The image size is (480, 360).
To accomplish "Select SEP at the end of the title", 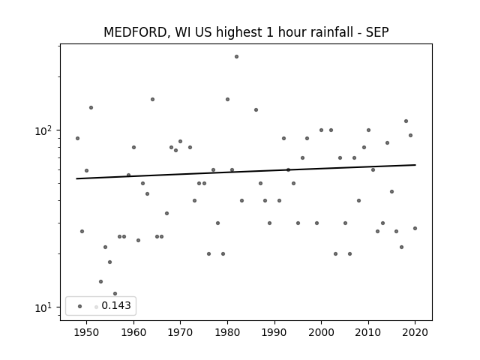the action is pyautogui.click(x=377, y=32).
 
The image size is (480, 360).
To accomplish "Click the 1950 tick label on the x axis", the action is pyautogui.click(x=87, y=333).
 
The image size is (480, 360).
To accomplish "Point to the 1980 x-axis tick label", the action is pyautogui.click(x=227, y=333).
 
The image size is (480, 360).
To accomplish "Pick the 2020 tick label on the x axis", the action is pyautogui.click(x=415, y=333).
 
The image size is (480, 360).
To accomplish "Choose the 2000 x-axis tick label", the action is pyautogui.click(x=321, y=333).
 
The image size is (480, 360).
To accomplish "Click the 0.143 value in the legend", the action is pyautogui.click(x=116, y=305).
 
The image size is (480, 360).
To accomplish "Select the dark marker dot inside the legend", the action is pyautogui.click(x=80, y=306).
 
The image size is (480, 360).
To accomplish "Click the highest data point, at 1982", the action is pyautogui.click(x=237, y=57).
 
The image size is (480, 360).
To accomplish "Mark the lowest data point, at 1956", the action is pyautogui.click(x=115, y=293).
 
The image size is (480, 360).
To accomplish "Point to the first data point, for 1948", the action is pyautogui.click(x=77, y=138).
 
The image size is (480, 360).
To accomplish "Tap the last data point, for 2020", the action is pyautogui.click(x=415, y=228).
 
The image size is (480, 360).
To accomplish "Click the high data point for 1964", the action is pyautogui.click(x=152, y=99).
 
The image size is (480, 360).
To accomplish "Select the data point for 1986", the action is pyautogui.click(x=256, y=110).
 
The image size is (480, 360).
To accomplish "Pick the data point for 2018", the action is pyautogui.click(x=406, y=121).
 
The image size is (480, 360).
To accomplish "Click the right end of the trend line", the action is pyautogui.click(x=415, y=165).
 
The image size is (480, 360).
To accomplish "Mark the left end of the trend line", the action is pyautogui.click(x=76, y=178).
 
